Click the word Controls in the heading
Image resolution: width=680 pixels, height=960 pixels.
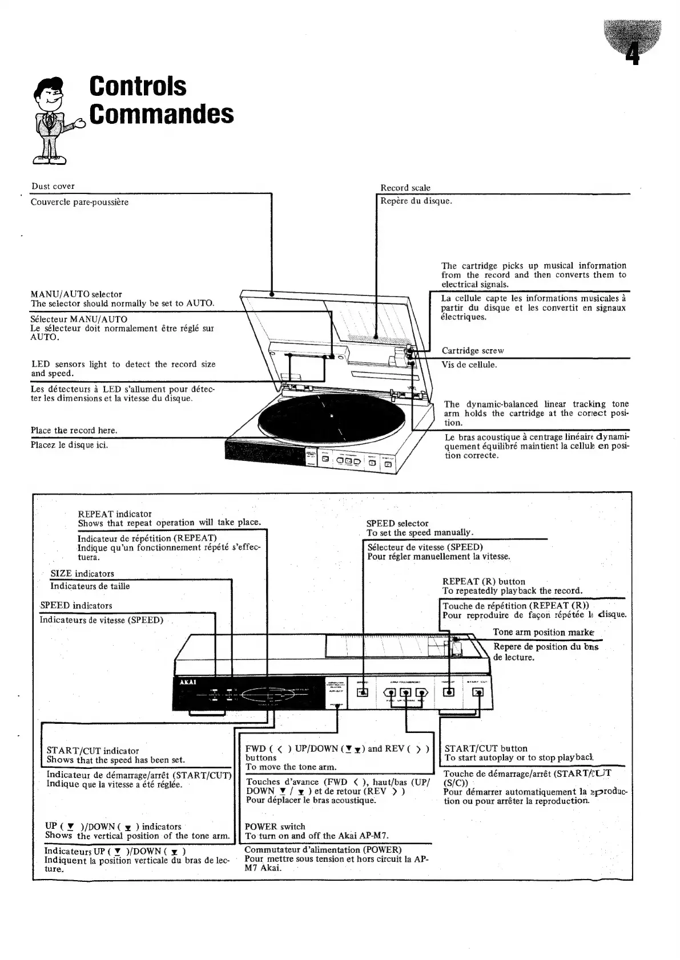pyautogui.click(x=138, y=86)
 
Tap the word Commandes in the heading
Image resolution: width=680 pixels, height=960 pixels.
pyautogui.click(x=162, y=114)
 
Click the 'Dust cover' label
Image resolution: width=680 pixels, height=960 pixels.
pyautogui.click(x=53, y=187)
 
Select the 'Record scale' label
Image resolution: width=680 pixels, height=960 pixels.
pyautogui.click(x=405, y=188)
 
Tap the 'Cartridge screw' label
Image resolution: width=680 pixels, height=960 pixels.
pyautogui.click(x=473, y=351)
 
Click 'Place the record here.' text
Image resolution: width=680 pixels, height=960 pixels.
pyautogui.click(x=74, y=431)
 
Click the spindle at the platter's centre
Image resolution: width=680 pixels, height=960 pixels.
pyautogui.click(x=332, y=416)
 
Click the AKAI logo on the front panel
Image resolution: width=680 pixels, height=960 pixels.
pyautogui.click(x=188, y=684)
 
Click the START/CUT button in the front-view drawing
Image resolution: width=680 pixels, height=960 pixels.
pyautogui.click(x=478, y=692)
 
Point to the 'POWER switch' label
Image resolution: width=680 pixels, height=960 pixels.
pyautogui.click(x=275, y=827)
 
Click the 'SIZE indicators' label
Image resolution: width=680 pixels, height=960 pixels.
pyautogui.click(x=82, y=574)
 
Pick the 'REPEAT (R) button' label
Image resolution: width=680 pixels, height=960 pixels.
pyautogui.click(x=484, y=582)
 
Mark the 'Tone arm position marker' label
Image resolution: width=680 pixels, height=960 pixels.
pyautogui.click(x=543, y=632)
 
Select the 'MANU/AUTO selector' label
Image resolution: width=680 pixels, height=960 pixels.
pyautogui.click(x=76, y=294)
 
